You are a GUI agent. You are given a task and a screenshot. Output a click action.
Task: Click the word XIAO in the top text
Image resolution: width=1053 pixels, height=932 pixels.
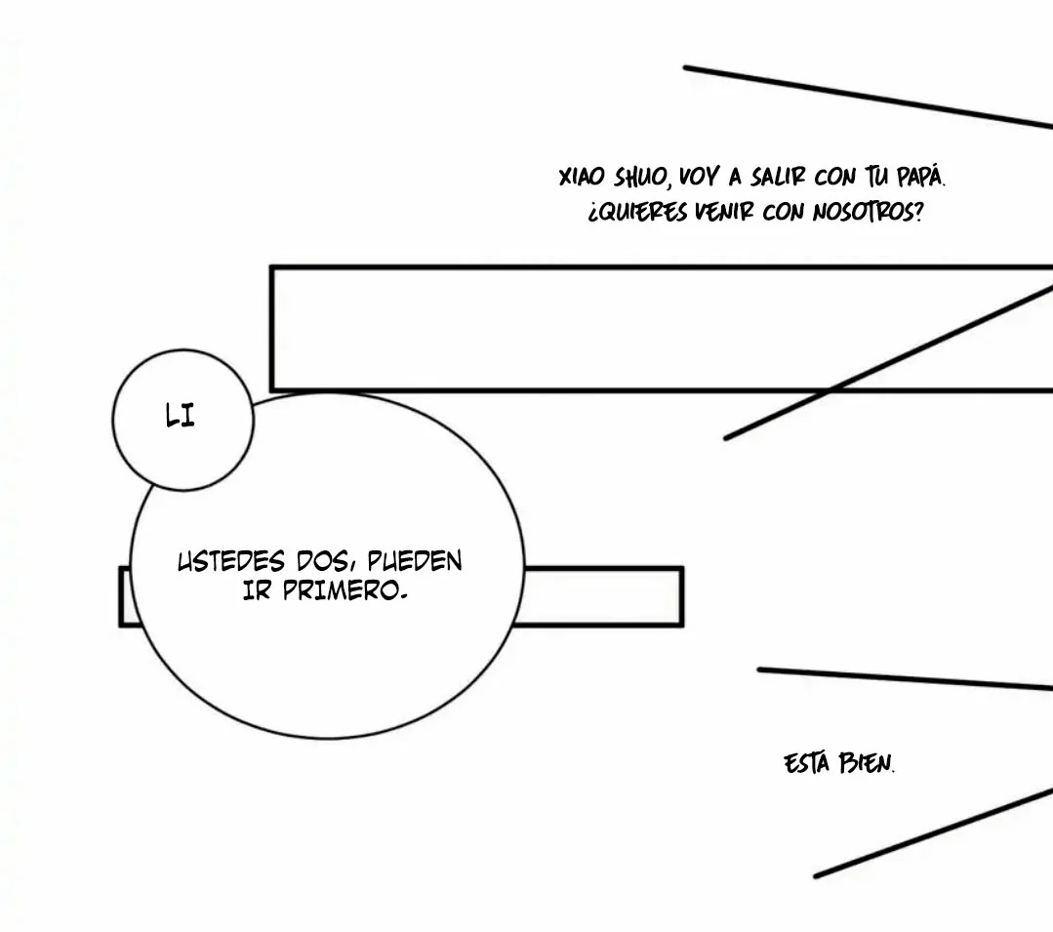coord(582,178)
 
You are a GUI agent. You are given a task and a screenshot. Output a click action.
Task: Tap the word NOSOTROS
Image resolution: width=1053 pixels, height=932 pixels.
coord(867,212)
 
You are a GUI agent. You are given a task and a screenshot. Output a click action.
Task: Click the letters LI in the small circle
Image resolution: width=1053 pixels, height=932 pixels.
coord(180,416)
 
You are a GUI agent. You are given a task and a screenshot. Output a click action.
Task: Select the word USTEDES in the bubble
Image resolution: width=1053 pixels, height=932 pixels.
coord(231,561)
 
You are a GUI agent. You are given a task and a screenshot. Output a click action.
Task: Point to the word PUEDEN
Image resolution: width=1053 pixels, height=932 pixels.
coord(415,561)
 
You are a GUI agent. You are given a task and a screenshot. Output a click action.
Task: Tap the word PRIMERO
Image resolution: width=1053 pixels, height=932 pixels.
coord(344,590)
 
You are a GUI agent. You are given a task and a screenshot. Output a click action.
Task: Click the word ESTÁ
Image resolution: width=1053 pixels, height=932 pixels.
coord(806,763)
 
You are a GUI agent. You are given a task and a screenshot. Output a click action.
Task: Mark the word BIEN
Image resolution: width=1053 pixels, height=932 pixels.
coord(867,763)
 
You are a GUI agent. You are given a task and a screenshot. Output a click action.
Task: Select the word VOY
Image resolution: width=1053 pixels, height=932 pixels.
coord(699,178)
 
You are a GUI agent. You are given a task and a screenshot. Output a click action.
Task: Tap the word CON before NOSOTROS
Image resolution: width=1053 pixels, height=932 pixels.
coord(783,213)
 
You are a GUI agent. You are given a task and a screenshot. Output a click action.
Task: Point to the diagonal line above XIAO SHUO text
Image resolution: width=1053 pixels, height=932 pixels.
coord(868,97)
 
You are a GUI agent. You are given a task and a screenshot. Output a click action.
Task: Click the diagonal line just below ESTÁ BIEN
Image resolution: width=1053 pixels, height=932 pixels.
coord(934,833)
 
